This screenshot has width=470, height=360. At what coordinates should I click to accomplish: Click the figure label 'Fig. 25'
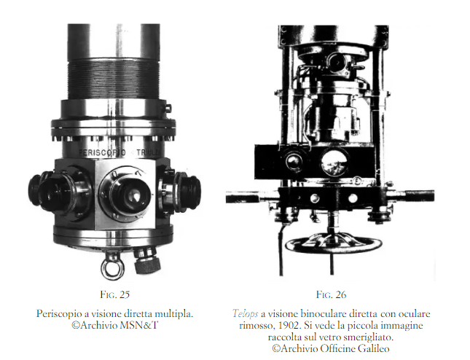[115, 294]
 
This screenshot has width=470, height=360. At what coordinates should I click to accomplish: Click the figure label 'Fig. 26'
[331, 294]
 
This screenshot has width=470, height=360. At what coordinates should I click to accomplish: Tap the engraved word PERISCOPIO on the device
[102, 152]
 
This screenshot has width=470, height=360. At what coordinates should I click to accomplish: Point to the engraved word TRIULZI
[149, 152]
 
